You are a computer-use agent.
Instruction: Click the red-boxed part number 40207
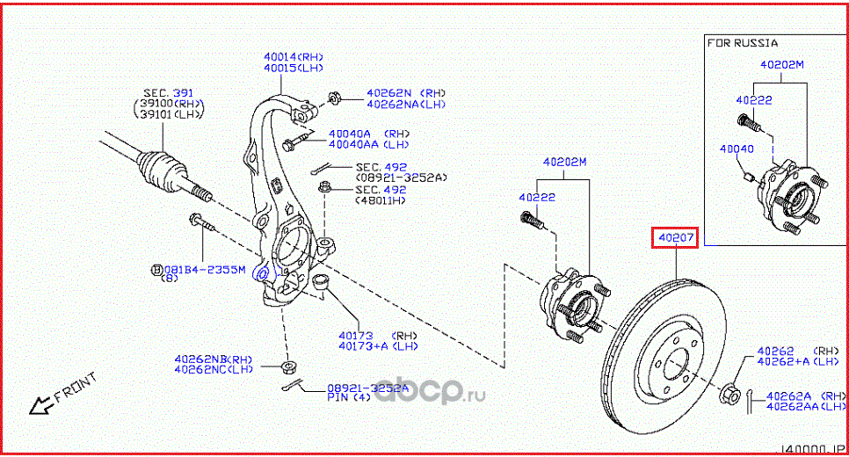(674, 237)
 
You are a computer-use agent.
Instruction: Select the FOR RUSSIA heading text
(743, 42)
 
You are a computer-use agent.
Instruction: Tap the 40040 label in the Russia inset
(737, 149)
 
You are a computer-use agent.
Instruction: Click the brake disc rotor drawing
(664, 360)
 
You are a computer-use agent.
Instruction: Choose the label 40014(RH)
(293, 56)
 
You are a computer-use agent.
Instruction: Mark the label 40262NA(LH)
(406, 104)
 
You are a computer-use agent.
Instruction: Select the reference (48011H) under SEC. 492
(381, 201)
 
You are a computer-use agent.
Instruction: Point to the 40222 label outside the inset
(534, 198)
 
